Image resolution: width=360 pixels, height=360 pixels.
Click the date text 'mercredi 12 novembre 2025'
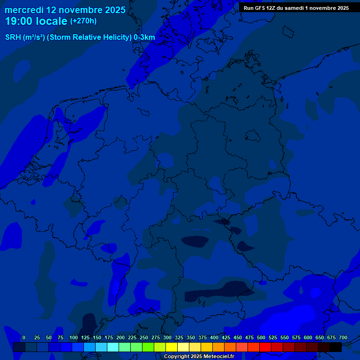click(x=65, y=10)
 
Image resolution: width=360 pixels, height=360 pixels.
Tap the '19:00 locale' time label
click(x=36, y=21)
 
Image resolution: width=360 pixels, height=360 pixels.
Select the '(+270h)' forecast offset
click(x=83, y=21)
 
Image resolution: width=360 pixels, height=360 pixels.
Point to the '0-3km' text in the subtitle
click(x=144, y=37)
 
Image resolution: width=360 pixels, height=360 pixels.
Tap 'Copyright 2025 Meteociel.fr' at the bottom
click(x=199, y=356)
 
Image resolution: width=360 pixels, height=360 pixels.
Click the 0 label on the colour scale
click(x=24, y=337)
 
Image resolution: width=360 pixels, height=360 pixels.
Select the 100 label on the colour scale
click(x=74, y=337)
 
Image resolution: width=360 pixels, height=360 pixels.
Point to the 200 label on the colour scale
click(x=120, y=337)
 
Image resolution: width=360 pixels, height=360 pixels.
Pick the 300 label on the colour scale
click(x=167, y=337)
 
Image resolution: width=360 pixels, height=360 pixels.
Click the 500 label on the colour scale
click(x=261, y=337)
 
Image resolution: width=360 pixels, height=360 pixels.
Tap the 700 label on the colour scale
click(x=343, y=337)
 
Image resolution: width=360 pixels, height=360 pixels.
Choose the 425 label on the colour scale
click(x=226, y=337)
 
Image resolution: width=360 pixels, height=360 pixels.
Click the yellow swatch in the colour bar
click(x=172, y=347)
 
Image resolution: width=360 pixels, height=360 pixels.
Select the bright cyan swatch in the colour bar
click(x=113, y=347)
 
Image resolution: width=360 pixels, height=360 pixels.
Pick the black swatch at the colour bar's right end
click(x=336, y=347)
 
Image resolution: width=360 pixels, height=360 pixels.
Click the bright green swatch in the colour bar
click(x=148, y=347)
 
